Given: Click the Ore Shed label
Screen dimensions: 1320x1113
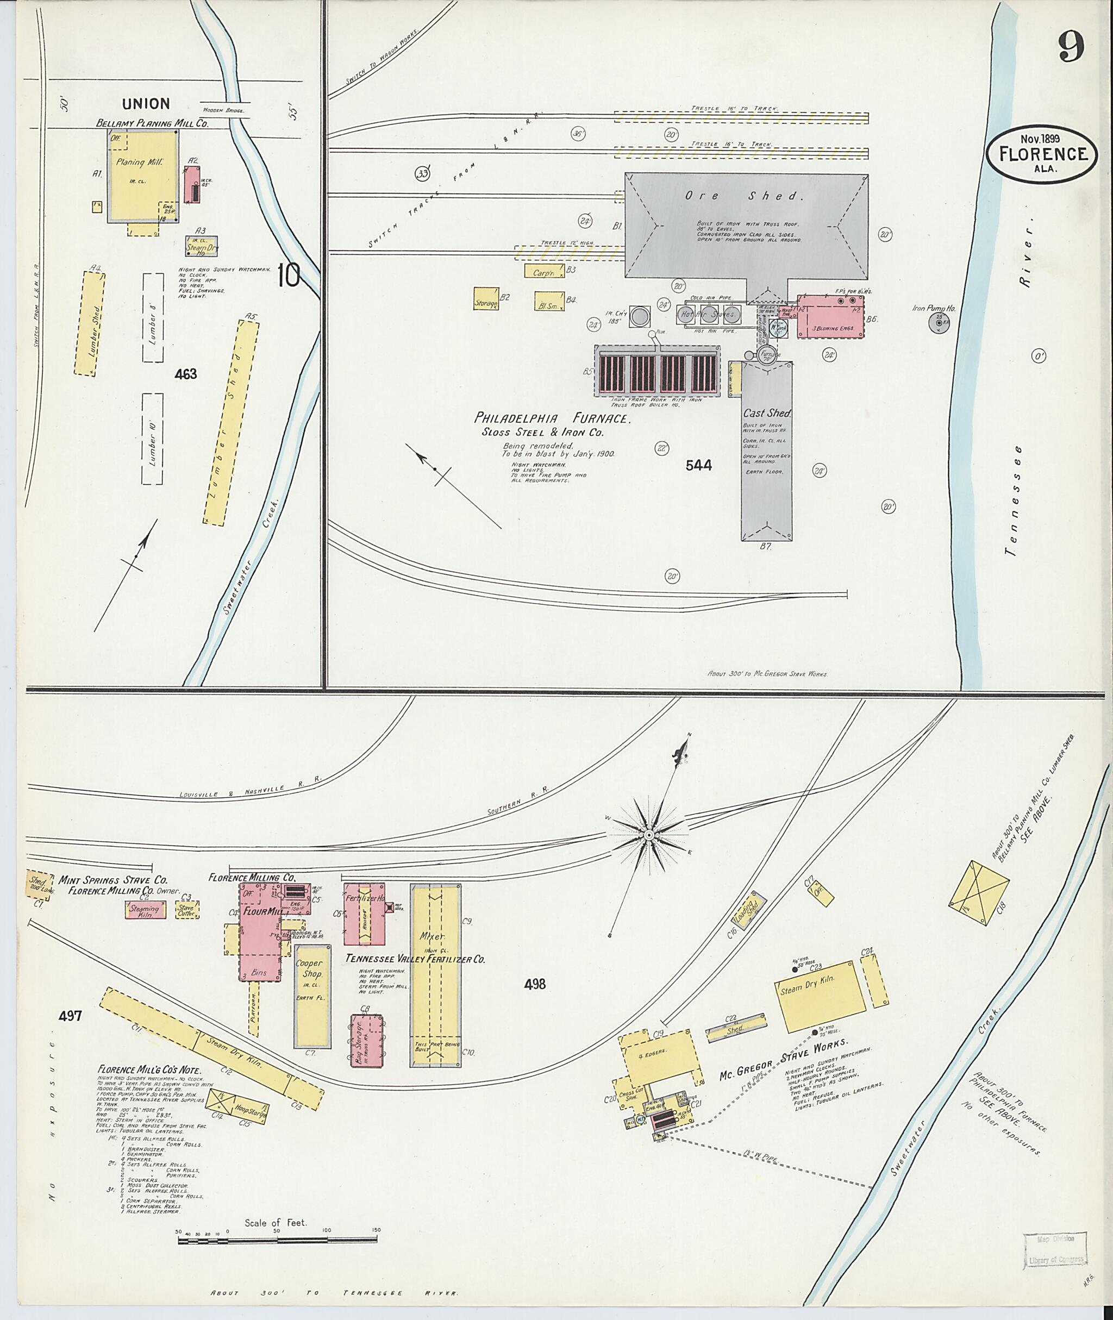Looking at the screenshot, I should (x=745, y=196).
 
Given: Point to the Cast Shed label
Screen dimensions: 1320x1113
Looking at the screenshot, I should (x=767, y=414).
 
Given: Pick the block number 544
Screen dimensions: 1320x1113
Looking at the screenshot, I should (x=698, y=465).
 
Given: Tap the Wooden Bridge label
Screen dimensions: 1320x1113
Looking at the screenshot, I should (x=223, y=110).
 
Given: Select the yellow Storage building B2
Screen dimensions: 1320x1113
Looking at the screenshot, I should (x=486, y=299).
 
